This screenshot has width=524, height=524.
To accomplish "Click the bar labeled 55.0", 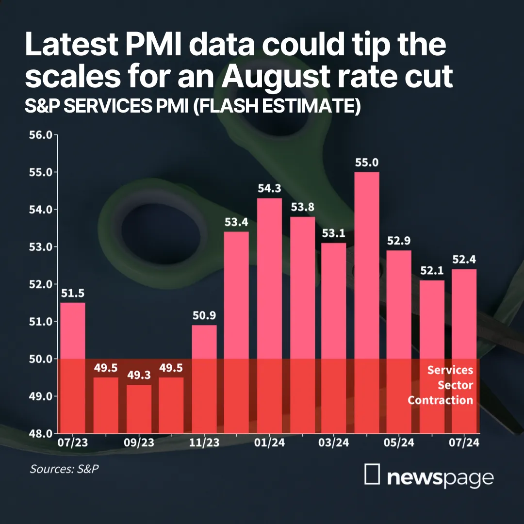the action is [x=367, y=302].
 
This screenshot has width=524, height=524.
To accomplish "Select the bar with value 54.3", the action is [x=269, y=316].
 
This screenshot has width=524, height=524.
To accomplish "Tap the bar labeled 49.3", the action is [x=139, y=409].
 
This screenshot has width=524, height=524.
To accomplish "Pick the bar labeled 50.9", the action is [x=204, y=379].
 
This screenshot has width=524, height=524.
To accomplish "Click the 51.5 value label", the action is [x=73, y=293].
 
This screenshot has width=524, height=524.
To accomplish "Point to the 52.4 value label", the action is [x=464, y=259].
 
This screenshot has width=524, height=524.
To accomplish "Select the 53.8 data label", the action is [x=302, y=207].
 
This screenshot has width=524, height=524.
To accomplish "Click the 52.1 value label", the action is [x=432, y=270].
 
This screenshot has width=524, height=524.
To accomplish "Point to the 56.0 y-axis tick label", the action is [x=41, y=135].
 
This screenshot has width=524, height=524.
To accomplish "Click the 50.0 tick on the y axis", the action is [x=41, y=359].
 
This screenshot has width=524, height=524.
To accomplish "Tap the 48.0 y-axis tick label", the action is [x=41, y=434].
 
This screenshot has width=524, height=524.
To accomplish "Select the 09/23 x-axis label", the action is [x=139, y=443].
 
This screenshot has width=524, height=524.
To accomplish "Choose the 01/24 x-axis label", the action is [x=269, y=443].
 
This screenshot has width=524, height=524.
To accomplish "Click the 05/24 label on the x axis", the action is [x=399, y=443].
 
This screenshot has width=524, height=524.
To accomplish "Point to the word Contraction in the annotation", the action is [x=441, y=400].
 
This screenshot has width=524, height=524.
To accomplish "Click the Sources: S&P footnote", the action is [x=65, y=469].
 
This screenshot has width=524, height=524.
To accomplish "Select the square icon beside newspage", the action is [x=372, y=474].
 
